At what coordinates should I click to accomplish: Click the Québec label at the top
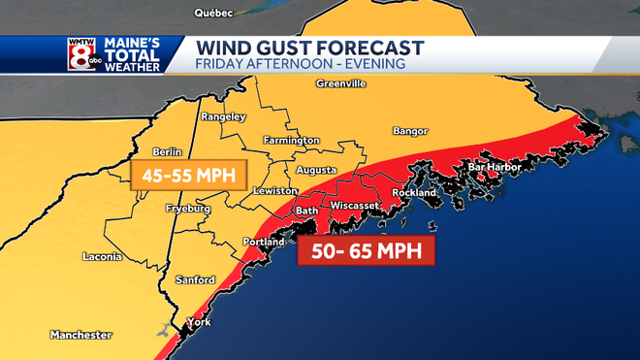tap(215, 14)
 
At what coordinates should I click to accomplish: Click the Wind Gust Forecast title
tap(309, 48)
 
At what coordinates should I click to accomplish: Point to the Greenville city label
tap(340, 84)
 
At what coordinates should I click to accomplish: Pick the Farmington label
tap(292, 141)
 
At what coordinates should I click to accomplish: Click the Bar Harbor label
tap(495, 168)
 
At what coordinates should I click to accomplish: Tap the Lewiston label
tap(274, 191)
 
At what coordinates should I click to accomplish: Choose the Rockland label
tap(414, 191)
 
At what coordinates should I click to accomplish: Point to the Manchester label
tap(81, 335)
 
